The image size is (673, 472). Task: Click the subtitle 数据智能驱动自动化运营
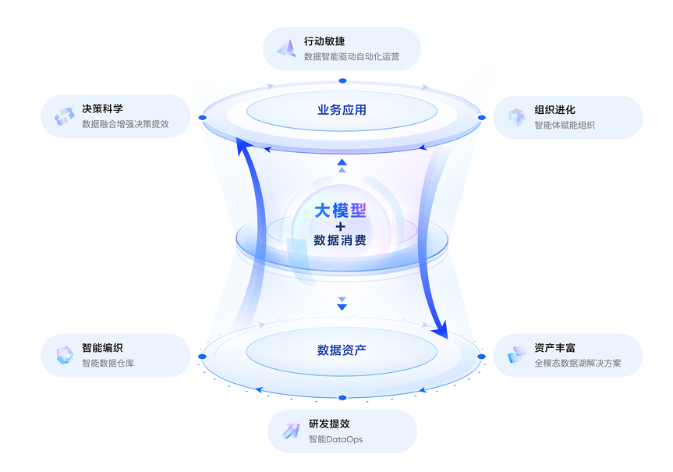[352, 57]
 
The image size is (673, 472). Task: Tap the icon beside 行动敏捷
[286, 48]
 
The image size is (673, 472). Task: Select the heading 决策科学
[102, 108]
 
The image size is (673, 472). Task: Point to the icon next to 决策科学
[64, 116]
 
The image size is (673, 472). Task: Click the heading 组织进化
[554, 109]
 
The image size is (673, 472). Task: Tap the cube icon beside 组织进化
[516, 117]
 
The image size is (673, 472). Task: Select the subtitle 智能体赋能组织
[565, 125]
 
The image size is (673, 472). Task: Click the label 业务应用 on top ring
[342, 110]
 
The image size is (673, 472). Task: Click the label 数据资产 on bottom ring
[342, 350]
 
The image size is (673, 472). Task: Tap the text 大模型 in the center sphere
[340, 211]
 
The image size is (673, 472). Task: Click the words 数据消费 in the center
[340, 240]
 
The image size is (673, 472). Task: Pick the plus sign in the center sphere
[341, 225]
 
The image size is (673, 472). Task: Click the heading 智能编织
[102, 347]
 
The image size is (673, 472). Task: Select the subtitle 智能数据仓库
[108, 363]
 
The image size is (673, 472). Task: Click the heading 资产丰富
[554, 347]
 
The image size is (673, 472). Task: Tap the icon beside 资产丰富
[517, 355]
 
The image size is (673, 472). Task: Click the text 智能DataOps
[335, 439]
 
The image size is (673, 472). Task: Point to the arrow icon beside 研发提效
[290, 431]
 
